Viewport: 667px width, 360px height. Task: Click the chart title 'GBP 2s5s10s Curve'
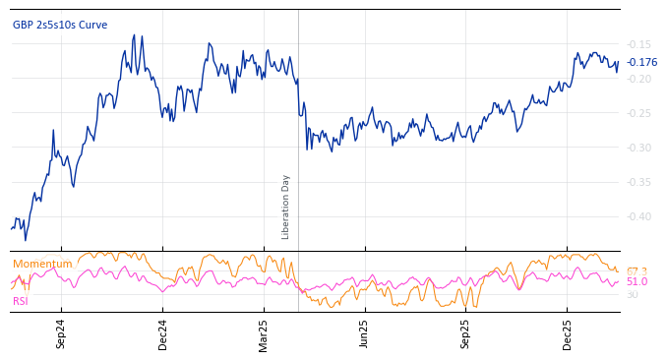click(60, 25)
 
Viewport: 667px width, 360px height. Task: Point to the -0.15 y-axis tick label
click(638, 44)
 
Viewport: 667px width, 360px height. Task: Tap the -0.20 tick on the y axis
click(638, 79)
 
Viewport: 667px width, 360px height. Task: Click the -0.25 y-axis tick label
click(638, 113)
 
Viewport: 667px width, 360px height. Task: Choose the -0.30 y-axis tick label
click(638, 148)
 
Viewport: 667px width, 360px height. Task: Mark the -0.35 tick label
click(638, 182)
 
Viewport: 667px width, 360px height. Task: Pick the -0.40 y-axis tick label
click(638, 216)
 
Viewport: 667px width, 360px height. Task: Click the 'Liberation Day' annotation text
click(286, 207)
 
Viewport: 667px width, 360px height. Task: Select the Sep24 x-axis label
click(61, 333)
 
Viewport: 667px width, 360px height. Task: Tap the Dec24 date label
click(163, 333)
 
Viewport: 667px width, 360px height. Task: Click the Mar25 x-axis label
click(264, 333)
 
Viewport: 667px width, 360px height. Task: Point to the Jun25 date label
click(365, 333)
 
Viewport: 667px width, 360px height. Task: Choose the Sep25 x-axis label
click(466, 333)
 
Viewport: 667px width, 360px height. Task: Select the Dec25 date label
click(568, 333)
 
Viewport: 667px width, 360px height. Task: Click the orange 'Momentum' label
click(42, 264)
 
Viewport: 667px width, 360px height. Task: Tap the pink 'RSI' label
click(20, 301)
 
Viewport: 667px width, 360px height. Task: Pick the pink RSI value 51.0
click(637, 282)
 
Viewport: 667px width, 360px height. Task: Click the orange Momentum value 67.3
click(637, 271)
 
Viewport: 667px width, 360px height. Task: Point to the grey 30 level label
click(632, 294)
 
